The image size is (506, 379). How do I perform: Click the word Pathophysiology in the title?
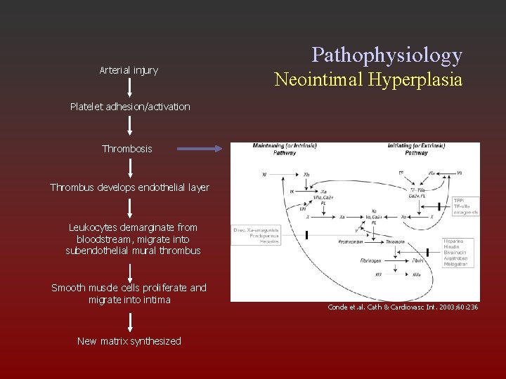point(387,55)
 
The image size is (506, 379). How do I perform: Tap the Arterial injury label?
point(129,70)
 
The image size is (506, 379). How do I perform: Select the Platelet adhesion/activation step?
point(130,107)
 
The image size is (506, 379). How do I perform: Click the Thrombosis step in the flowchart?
point(126,149)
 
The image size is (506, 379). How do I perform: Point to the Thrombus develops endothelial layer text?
point(129,187)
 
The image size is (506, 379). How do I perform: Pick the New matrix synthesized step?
point(129,341)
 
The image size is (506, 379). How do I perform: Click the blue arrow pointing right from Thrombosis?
point(200,149)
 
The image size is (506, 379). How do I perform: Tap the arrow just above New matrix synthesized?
point(130,321)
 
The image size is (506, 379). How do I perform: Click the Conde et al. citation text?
point(403,307)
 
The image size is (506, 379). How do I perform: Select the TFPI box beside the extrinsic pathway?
point(465,206)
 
